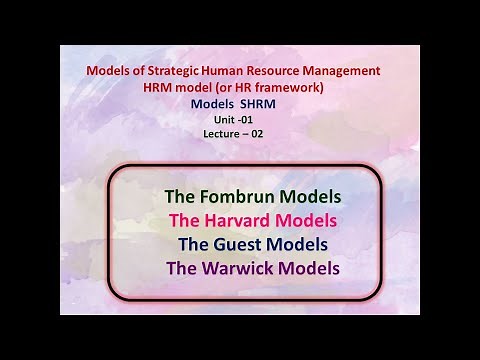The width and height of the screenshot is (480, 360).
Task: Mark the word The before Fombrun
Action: pos(180,196)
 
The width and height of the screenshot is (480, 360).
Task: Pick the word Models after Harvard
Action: pos(308,220)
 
